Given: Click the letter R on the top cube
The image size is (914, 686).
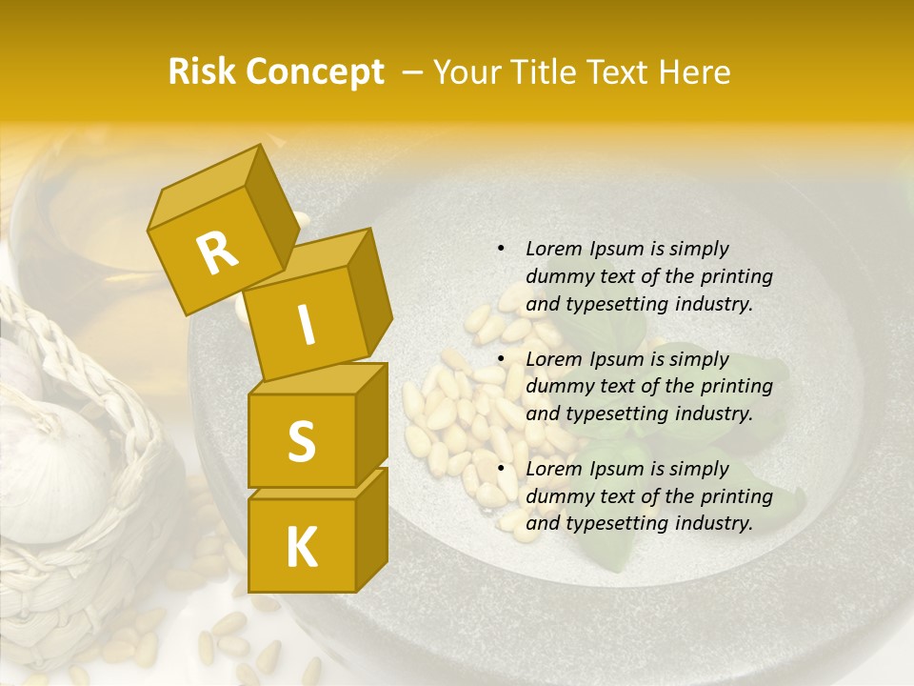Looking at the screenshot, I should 218,252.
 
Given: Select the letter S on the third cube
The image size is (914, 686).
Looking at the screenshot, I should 301,441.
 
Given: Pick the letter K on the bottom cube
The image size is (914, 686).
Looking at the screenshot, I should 302,547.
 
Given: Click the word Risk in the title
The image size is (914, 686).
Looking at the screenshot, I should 204,72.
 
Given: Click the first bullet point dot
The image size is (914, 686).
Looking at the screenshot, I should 501,249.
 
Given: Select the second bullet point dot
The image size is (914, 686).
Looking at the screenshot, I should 501,359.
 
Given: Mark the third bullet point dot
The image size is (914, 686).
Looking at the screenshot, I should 501,469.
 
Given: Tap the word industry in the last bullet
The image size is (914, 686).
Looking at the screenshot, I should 713,523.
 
